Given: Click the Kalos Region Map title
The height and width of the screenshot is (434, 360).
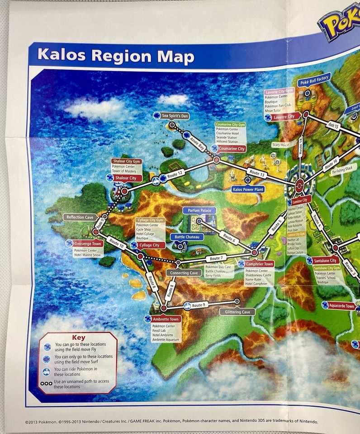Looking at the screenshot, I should (x=116, y=56).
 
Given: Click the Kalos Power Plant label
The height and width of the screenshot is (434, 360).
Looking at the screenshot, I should (x=247, y=189).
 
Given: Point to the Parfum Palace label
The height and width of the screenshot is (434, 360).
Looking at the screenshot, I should (x=199, y=210).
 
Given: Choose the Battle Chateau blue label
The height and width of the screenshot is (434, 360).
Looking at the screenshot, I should (x=187, y=237).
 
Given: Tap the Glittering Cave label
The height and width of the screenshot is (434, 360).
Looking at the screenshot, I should (x=237, y=311).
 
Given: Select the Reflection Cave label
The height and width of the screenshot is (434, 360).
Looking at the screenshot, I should (x=80, y=217).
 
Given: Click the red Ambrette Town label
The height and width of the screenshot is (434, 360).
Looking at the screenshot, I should (x=166, y=319).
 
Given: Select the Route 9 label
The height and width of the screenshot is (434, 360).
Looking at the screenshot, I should (x=198, y=305).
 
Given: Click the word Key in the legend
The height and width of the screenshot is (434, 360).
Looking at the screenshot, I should (x=78, y=337).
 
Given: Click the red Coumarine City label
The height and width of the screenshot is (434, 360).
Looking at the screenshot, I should (x=232, y=148).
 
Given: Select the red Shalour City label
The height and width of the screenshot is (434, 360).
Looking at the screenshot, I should (x=125, y=178).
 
